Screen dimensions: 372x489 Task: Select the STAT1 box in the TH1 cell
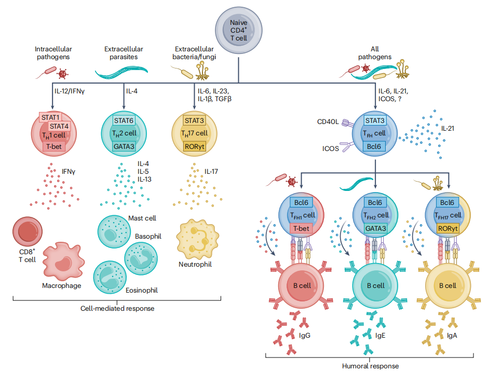pyautogui.click(x=50, y=117)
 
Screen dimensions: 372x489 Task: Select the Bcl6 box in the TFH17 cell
pyautogui.click(x=447, y=203)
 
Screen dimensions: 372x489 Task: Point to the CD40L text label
pyautogui.click(x=328, y=122)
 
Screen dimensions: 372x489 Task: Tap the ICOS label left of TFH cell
pyautogui.click(x=330, y=148)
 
